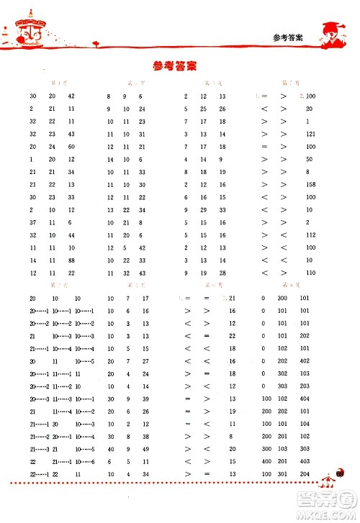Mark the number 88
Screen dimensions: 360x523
(x=71, y=260)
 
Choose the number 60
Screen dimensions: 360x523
(x=71, y=146)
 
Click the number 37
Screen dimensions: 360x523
(x=33, y=222)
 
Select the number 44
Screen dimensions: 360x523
(x=71, y=235)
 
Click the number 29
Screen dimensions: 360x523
(x=204, y=209)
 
